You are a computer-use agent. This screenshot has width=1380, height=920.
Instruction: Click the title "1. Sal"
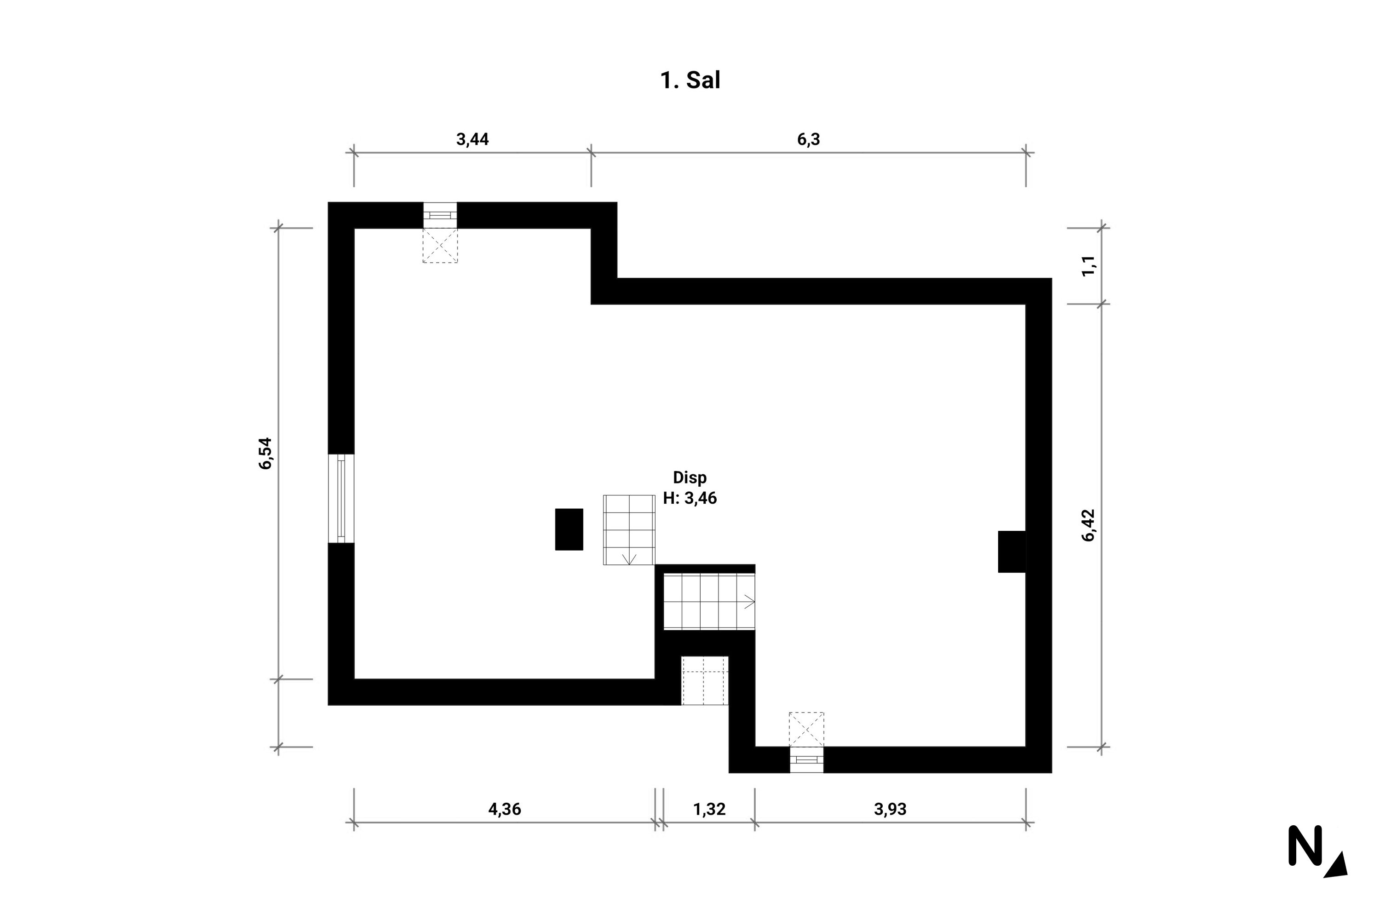(x=690, y=80)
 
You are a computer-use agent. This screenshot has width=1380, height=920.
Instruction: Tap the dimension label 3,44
(x=472, y=140)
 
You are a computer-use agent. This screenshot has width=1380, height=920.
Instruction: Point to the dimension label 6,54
(x=266, y=453)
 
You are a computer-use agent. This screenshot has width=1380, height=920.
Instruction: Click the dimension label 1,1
(x=1088, y=266)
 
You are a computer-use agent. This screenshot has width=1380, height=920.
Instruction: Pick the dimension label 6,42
(x=1088, y=525)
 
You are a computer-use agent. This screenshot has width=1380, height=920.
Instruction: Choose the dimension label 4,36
(x=505, y=809)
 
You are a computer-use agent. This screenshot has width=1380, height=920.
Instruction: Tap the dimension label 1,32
(x=709, y=809)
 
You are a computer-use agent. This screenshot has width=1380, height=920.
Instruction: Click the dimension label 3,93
(x=890, y=809)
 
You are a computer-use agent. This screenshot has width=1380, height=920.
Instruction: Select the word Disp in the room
(x=690, y=477)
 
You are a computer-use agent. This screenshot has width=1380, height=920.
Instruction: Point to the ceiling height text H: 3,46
(x=690, y=498)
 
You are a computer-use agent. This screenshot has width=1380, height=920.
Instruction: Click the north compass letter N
(x=1305, y=845)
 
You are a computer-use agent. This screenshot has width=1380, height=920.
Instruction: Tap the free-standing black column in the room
(x=569, y=529)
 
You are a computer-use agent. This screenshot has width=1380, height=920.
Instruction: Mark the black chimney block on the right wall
(x=1012, y=552)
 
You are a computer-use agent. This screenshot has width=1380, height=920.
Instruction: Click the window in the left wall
(x=341, y=499)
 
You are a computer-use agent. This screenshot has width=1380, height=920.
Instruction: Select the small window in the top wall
(x=440, y=215)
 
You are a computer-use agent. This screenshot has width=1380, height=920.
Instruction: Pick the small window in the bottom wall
(x=806, y=760)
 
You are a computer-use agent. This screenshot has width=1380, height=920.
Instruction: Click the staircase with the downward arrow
(x=629, y=530)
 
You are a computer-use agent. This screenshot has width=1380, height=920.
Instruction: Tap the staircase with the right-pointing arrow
(x=709, y=601)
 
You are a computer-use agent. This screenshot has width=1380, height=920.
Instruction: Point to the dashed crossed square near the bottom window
(x=806, y=729)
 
